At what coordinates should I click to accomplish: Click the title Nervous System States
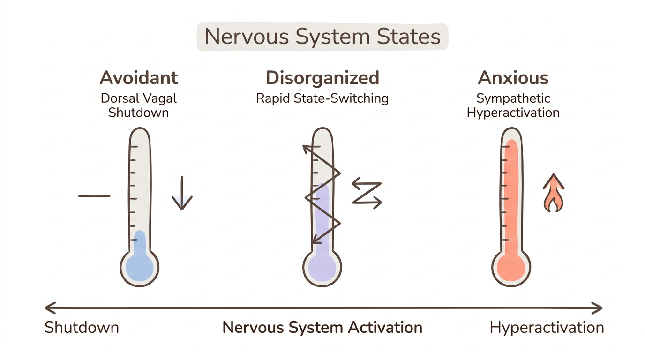pos(322,37)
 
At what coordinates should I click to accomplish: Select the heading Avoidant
pos(139,78)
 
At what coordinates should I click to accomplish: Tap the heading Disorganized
pos(322,78)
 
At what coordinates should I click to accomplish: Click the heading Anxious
pos(513,78)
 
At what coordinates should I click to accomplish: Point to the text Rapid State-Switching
pos(322,98)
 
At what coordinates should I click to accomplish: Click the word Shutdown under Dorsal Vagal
pos(139,113)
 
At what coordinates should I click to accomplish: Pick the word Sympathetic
pos(513,98)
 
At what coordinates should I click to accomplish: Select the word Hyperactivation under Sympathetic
pos(513,113)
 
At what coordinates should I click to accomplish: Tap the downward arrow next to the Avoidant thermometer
pos(182,194)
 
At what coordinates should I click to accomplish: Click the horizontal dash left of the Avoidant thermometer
pos(94,196)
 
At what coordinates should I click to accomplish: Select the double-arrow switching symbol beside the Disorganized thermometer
pos(367,192)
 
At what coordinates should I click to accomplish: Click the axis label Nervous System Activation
pos(322,327)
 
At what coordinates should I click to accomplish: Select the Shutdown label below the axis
pos(82,327)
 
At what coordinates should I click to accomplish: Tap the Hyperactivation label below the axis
pos(547,327)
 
